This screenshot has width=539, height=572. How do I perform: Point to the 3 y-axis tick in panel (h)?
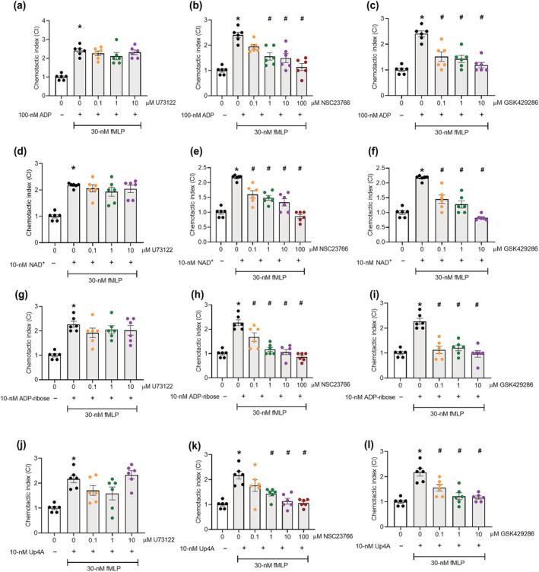coord(215,303)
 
